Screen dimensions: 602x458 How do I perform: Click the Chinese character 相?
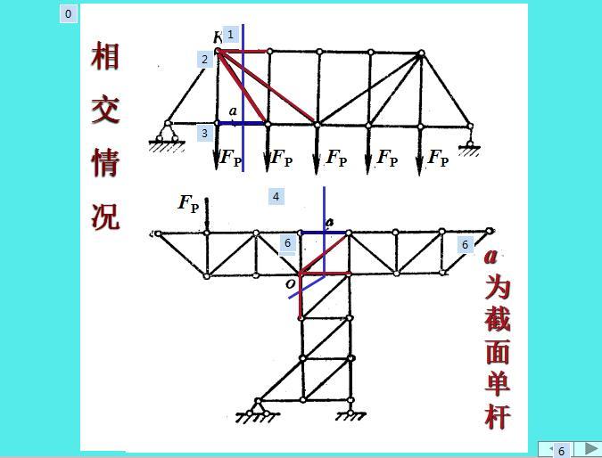(105, 56)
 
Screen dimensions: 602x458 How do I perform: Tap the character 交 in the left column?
(105, 110)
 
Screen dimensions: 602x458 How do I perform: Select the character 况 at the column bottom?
(105, 217)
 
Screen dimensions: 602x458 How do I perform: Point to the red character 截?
(498, 319)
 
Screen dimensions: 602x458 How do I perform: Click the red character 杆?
(498, 417)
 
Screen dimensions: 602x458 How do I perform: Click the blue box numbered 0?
(69, 14)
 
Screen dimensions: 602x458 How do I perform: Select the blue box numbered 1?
(230, 35)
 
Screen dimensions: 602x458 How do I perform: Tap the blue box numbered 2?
(204, 60)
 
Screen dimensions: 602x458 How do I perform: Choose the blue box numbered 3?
(204, 133)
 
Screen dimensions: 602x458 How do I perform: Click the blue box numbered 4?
(276, 197)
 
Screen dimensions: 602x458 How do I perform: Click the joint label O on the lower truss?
(291, 284)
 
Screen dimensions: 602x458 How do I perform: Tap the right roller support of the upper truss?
(469, 143)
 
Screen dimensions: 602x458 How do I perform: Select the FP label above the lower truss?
(188, 203)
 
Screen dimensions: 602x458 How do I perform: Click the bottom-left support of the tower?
(258, 411)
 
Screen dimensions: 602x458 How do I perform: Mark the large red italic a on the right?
(491, 257)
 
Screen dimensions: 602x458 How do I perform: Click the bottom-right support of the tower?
(350, 411)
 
